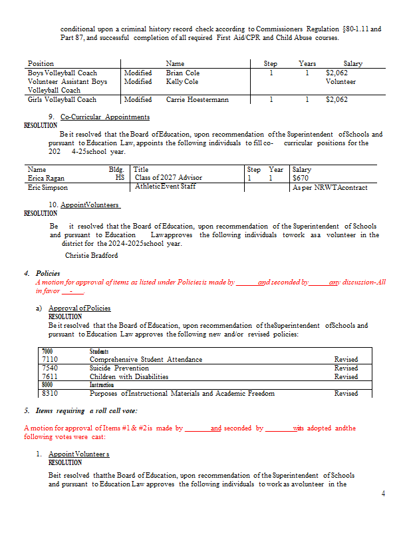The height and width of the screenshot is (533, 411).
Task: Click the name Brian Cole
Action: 182,73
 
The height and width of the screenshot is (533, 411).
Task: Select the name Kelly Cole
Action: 182,81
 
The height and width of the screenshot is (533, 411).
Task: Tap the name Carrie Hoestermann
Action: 197,99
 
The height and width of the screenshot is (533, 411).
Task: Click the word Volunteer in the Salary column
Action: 340,81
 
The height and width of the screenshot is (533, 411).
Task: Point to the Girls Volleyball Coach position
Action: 62,99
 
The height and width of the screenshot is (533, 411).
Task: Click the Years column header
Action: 307,63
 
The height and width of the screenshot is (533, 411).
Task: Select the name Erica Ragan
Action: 47,178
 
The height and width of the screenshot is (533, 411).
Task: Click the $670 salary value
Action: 301,178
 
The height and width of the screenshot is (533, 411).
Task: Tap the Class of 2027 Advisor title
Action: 168,178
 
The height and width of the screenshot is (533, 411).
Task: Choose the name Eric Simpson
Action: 48,187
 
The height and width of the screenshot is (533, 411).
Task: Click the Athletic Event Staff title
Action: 166,187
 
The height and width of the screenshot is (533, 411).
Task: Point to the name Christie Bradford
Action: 92,255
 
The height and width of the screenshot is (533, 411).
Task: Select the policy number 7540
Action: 49,368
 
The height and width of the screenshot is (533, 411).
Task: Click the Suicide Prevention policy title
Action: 119,368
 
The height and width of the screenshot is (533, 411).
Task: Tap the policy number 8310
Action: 49,393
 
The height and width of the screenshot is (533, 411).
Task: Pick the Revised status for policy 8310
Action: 345,393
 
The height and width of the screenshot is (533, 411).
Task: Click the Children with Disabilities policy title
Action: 128,376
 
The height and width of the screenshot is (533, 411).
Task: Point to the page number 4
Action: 383,493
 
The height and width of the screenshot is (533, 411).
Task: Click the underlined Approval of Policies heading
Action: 79,308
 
